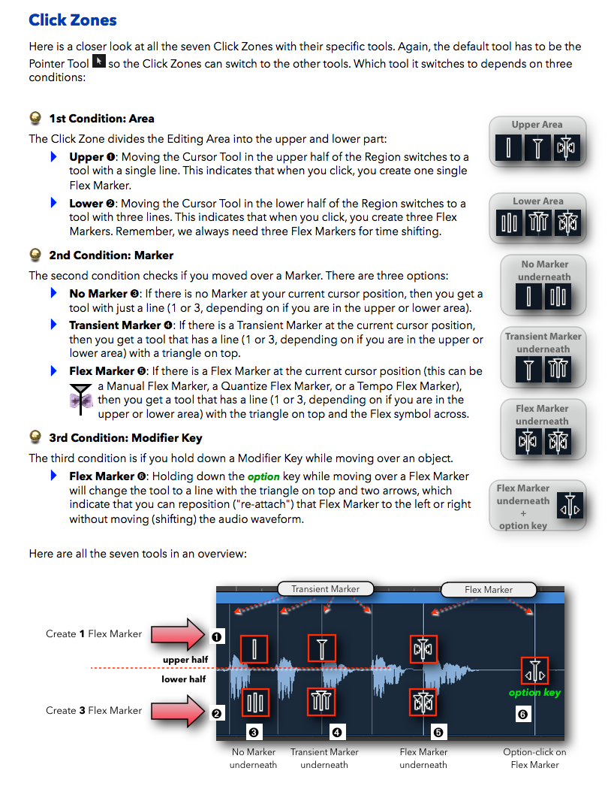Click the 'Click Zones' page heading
(x=73, y=20)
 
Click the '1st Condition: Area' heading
(x=101, y=118)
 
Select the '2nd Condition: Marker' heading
(x=111, y=255)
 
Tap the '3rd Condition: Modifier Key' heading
(x=125, y=437)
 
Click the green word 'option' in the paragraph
(x=263, y=476)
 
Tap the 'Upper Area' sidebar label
(x=537, y=125)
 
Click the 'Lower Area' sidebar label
(x=537, y=201)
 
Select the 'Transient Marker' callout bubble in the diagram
(x=325, y=589)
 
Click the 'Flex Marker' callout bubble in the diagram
(x=488, y=590)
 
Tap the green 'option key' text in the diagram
(x=534, y=692)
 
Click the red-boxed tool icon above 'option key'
(x=534, y=670)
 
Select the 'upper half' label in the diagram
(x=185, y=660)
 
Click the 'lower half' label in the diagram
(x=184, y=679)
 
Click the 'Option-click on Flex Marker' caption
(x=534, y=758)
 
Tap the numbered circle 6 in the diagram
(x=522, y=714)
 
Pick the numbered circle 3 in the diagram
(x=254, y=731)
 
